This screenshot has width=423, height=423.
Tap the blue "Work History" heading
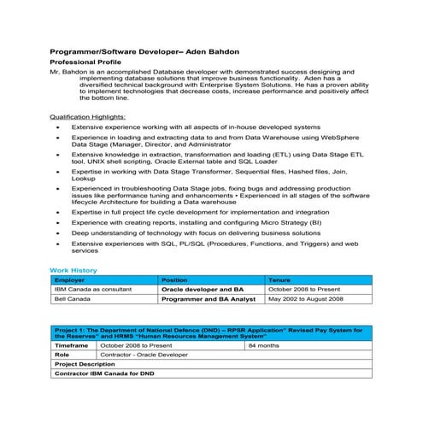pos(73,270)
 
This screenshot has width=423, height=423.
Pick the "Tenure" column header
pos(279,279)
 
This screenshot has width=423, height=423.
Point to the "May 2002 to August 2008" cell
pos(305,300)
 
